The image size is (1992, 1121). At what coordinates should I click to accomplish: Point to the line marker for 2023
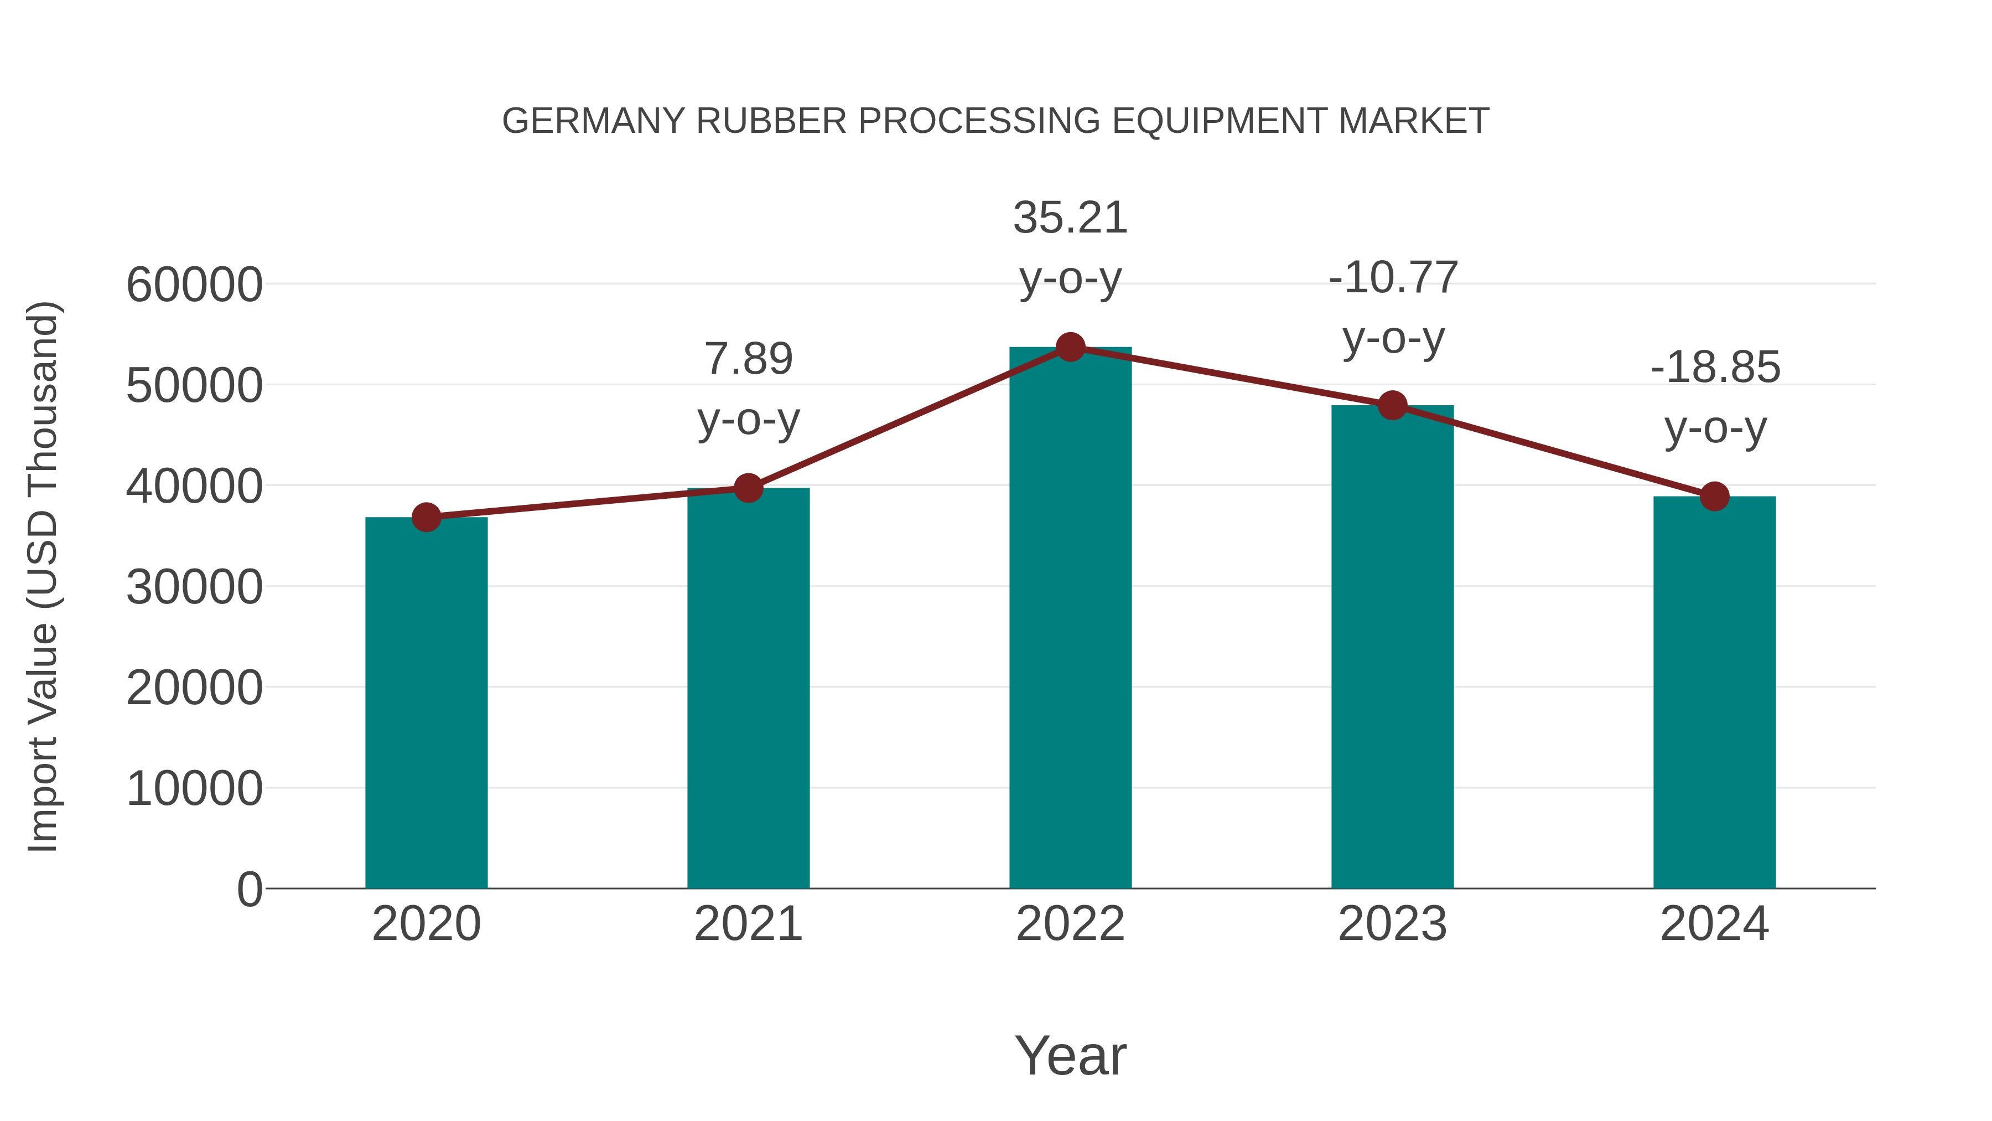tap(1392, 405)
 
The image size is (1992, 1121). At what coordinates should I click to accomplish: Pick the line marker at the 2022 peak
tap(1070, 347)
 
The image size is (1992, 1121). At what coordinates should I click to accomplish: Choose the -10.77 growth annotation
tap(1393, 278)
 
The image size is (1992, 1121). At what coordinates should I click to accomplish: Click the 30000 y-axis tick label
tap(194, 587)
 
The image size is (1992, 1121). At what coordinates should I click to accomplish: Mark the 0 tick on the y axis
tap(250, 889)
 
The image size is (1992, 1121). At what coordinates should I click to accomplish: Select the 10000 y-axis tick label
tap(194, 789)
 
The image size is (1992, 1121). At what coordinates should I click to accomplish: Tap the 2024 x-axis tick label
tap(1714, 924)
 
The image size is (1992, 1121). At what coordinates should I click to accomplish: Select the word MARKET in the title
tap(1413, 121)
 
